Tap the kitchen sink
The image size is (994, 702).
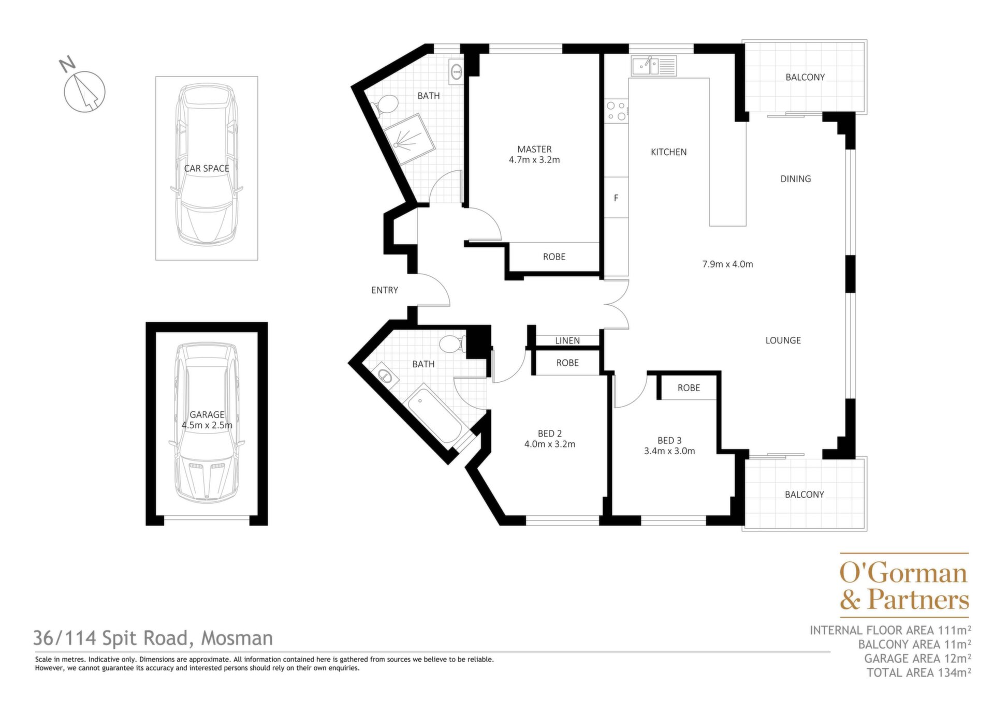[x=654, y=66]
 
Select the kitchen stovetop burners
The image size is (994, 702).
[x=616, y=111]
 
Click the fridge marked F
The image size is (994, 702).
[x=616, y=198]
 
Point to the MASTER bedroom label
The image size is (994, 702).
[x=534, y=149]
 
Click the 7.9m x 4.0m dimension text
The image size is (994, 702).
[x=727, y=264]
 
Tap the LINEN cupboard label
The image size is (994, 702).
[x=567, y=340]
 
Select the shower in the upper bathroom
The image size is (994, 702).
[x=408, y=138]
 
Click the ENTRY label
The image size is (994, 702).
[x=385, y=290]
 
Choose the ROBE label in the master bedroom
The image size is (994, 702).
[x=554, y=257]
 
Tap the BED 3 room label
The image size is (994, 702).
[x=669, y=440]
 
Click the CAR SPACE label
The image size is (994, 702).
[x=207, y=168]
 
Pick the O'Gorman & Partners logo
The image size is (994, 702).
[x=904, y=586]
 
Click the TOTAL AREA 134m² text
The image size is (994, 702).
[x=919, y=673]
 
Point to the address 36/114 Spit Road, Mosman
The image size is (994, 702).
[x=153, y=638]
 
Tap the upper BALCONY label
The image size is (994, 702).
[x=805, y=77]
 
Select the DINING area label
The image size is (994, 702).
[x=796, y=179]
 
